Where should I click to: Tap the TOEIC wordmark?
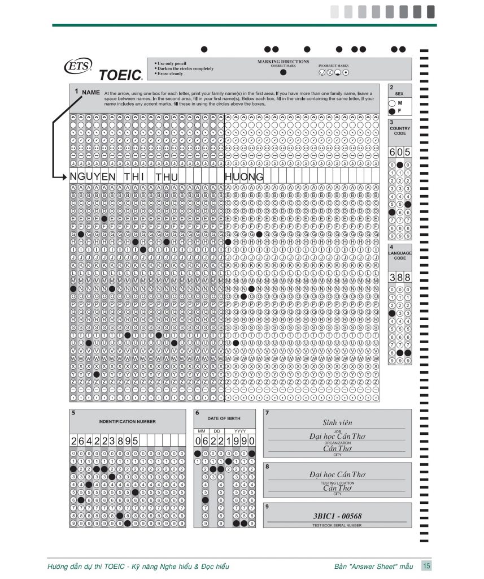(120, 74)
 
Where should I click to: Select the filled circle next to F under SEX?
(392, 111)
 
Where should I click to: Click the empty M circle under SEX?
(392, 103)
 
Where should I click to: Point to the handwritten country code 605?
(400, 152)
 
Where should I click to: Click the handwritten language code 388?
(400, 277)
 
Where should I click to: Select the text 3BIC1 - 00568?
(337, 516)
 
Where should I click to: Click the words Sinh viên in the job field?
(337, 422)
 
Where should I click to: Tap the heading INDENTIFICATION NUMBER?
(127, 421)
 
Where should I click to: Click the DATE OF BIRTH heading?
(224, 418)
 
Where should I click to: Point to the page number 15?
(427, 565)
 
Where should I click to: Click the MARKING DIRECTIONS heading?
(283, 61)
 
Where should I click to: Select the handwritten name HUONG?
(244, 177)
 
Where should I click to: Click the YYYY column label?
(240, 431)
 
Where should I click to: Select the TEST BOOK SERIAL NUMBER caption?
(337, 525)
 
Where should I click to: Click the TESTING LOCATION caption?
(337, 483)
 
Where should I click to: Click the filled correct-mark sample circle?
(283, 72)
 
